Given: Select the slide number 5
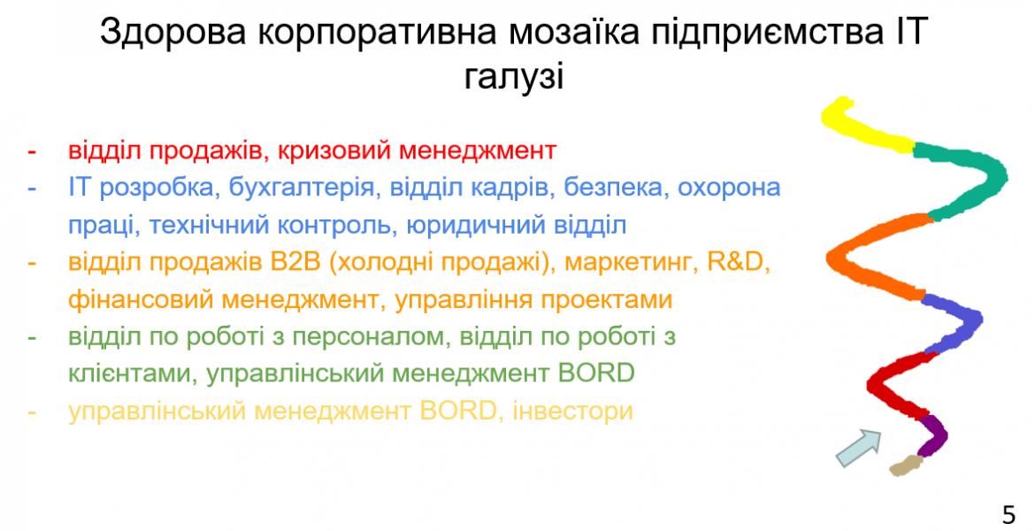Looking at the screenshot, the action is click(1008, 514).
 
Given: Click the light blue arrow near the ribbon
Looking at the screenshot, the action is click(859, 447).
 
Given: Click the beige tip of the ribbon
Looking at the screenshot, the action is click(905, 466).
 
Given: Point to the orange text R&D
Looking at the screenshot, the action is click(735, 262).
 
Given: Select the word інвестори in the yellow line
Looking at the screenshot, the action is click(573, 411).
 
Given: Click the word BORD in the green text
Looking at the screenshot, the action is click(596, 373).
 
